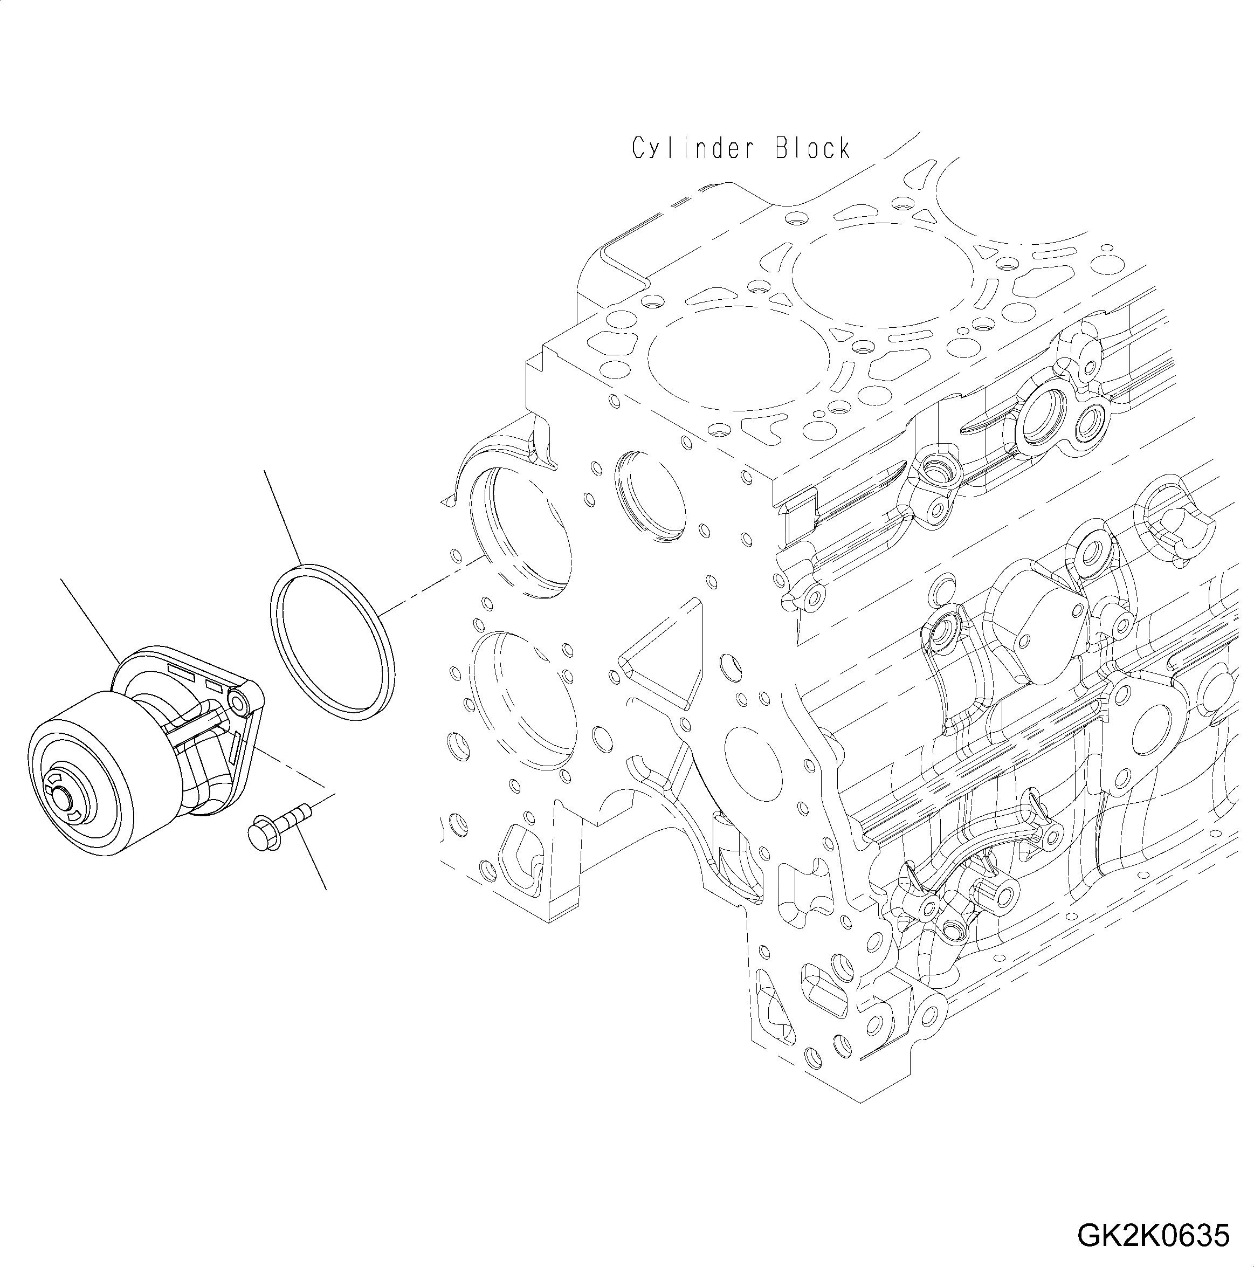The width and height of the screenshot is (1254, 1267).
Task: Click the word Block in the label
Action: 812,149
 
